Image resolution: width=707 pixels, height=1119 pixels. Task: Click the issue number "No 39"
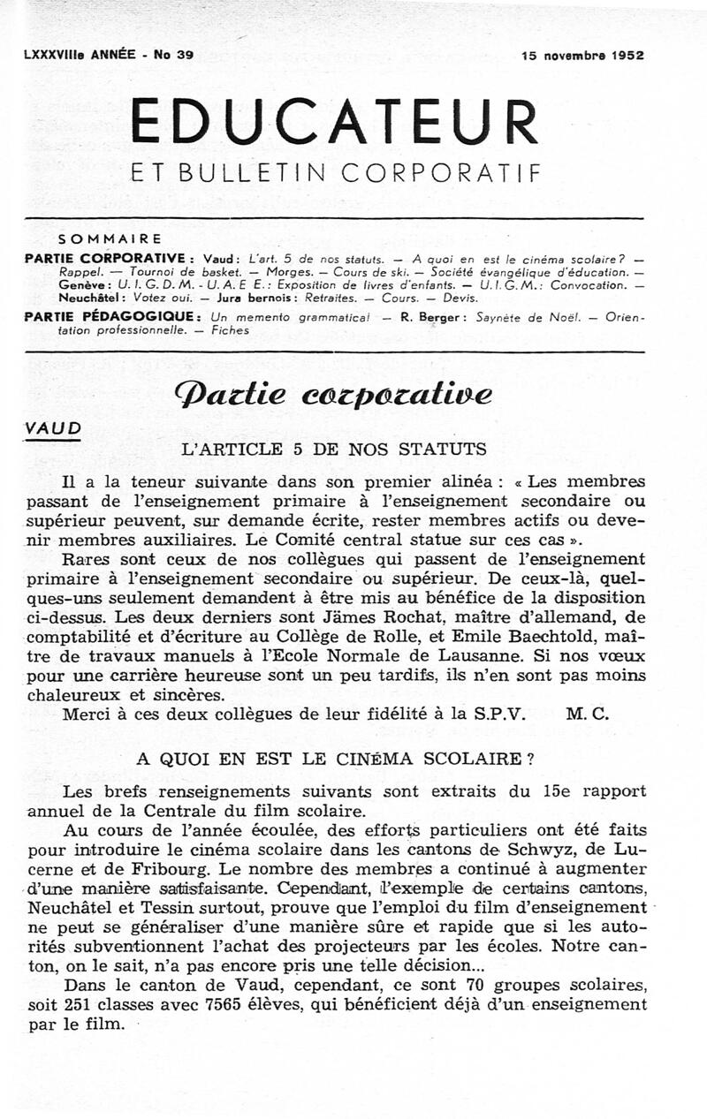pyautogui.click(x=174, y=55)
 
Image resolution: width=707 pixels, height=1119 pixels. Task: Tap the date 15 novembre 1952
pyautogui.click(x=582, y=55)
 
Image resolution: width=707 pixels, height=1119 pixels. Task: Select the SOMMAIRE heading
pyautogui.click(x=109, y=238)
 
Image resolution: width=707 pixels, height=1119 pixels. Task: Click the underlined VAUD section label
pyautogui.click(x=53, y=428)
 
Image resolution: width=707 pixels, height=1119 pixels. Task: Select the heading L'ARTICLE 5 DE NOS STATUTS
pyautogui.click(x=333, y=449)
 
